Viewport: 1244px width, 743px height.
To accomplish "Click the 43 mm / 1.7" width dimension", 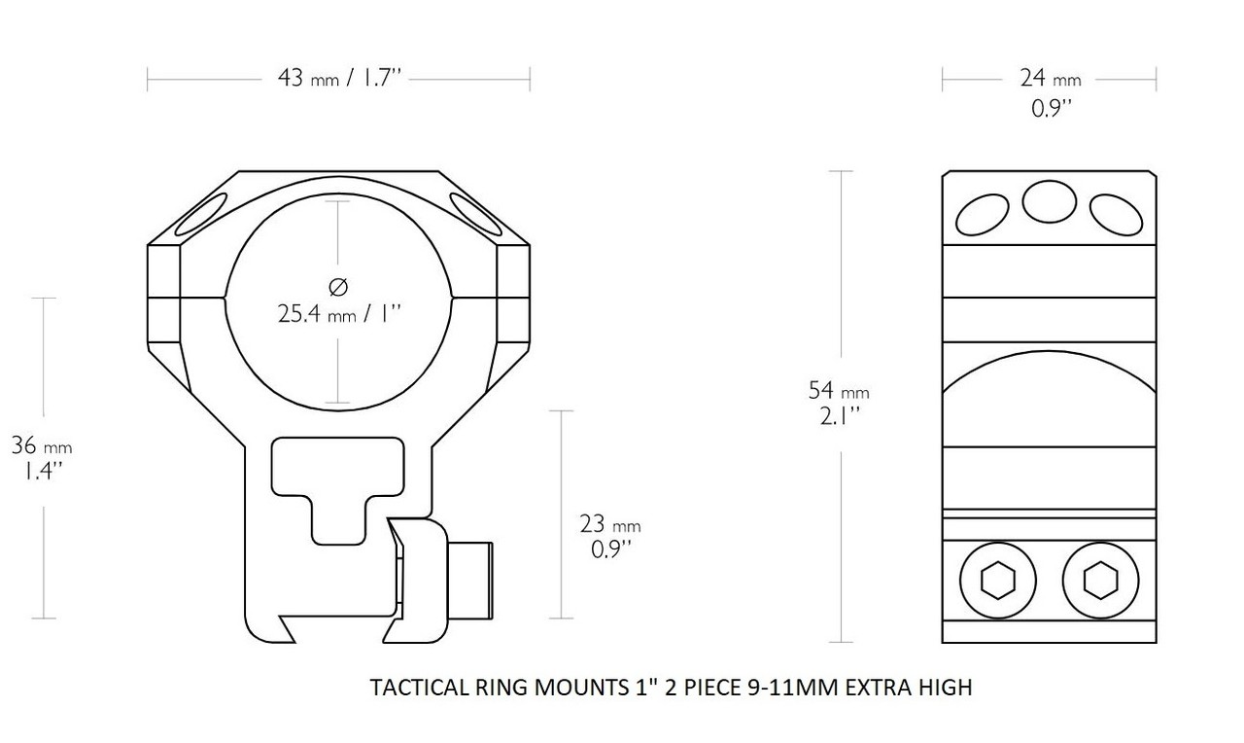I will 339,79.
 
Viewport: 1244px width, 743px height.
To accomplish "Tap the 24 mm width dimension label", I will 1049,78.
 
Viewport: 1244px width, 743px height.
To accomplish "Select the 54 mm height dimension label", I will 838,391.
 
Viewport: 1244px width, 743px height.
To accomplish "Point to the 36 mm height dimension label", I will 41,447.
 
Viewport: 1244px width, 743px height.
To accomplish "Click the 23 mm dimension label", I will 609,525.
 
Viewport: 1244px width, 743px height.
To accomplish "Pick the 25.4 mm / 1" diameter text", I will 337,314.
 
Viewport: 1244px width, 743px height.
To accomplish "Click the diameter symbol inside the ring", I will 337,287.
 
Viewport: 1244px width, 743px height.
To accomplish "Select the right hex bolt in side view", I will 1100,582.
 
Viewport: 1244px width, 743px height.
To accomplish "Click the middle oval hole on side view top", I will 1049,202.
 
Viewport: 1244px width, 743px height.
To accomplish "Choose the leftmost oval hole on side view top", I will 982,214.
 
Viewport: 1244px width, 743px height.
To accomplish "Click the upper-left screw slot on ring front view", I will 201,216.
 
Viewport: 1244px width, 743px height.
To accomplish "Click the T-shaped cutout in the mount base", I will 336,481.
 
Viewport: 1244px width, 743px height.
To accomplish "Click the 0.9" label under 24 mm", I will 1051,108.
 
